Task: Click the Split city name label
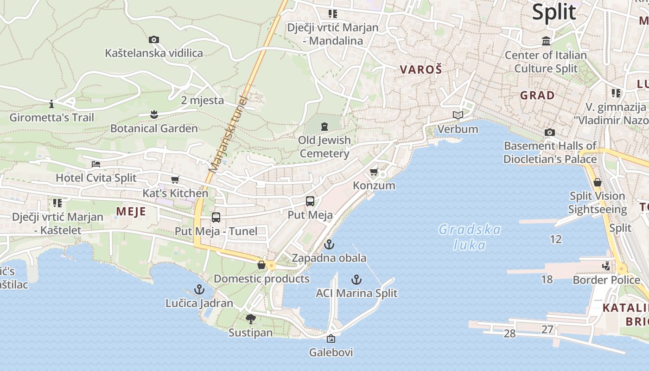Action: point(554,12)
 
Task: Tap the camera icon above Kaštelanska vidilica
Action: point(154,40)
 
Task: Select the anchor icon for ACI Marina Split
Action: point(356,280)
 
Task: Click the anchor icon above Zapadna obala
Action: point(329,244)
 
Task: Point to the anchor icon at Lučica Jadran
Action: point(199,290)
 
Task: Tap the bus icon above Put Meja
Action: point(310,201)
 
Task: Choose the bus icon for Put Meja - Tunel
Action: point(216,217)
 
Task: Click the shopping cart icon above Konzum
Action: point(374,172)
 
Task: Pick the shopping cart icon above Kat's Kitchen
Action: point(175,180)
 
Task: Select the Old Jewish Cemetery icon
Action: point(324,126)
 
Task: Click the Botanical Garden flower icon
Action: point(154,114)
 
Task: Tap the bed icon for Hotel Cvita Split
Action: point(96,164)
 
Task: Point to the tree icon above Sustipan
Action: point(251,319)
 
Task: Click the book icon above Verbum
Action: point(458,115)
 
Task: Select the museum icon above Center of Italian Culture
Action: point(546,41)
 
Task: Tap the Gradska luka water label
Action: point(470,237)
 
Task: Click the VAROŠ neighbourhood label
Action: point(421,70)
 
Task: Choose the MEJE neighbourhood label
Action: point(131,212)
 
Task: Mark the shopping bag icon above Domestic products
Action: point(261,265)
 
